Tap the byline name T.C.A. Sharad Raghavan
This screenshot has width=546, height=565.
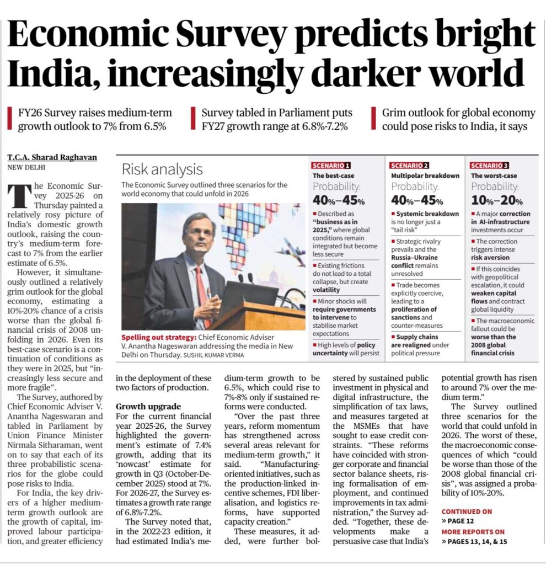52,157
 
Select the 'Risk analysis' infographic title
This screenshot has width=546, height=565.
162,169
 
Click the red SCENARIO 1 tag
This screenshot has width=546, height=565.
331,165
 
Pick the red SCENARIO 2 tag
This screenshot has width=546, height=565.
410,165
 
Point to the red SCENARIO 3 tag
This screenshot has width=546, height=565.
490,165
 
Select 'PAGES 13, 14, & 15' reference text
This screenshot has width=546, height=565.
478,541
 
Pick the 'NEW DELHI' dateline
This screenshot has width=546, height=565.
26,167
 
